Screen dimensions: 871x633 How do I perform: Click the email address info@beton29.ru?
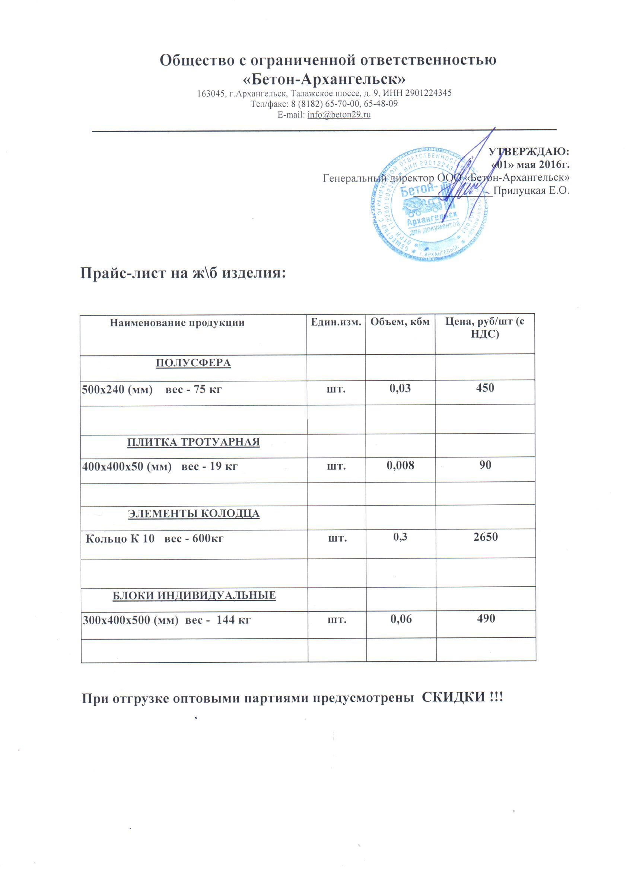339,114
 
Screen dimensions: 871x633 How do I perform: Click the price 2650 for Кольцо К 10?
486,536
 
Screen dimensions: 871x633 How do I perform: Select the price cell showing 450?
485,388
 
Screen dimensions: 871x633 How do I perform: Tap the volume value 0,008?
400,465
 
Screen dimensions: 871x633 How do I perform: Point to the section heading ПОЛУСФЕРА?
193,363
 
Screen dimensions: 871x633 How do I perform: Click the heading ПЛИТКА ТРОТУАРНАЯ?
194,442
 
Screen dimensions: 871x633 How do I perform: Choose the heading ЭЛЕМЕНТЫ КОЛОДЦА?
194,513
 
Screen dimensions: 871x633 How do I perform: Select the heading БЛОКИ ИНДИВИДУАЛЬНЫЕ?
194,595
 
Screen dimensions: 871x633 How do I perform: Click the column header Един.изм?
336,322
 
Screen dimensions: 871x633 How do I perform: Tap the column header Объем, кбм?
400,322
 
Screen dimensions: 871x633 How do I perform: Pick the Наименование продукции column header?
177,323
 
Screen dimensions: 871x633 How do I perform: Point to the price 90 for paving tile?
485,465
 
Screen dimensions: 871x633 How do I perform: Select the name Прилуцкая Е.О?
531,190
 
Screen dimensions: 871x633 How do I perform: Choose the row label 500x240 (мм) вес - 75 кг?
152,390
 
